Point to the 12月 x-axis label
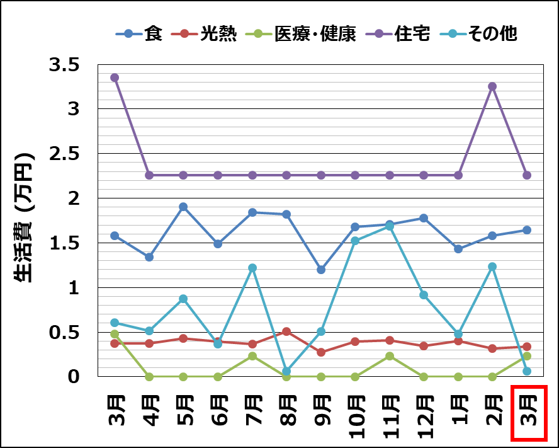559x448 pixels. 424,413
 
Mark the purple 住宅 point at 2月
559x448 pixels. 492,86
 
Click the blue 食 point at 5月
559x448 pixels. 183,207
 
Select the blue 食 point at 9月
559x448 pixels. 321,270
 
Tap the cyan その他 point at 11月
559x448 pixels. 390,227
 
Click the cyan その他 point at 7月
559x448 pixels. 252,268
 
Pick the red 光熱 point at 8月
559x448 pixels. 286,331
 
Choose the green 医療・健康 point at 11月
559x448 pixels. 390,356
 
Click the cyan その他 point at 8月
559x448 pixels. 286,371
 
